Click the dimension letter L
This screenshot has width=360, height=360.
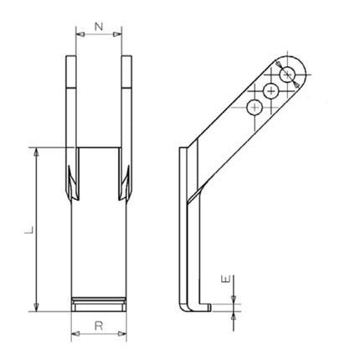[x=28, y=228]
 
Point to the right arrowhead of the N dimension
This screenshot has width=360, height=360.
[x=120, y=35]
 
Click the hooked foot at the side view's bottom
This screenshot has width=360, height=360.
[x=194, y=306]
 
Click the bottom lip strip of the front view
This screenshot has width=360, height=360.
[x=99, y=303]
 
